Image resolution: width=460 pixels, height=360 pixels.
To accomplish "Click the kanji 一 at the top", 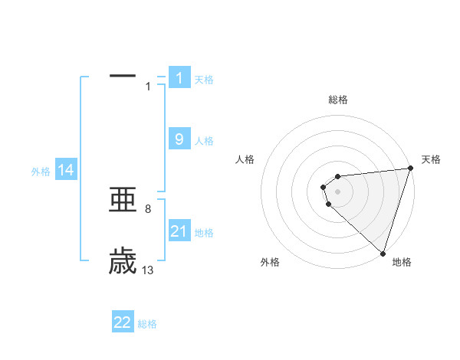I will (x=123, y=76).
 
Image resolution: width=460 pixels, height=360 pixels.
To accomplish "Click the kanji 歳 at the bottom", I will (x=123, y=261).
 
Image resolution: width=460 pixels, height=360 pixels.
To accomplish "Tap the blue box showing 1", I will (x=179, y=78).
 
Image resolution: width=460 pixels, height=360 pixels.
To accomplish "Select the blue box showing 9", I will (x=179, y=139).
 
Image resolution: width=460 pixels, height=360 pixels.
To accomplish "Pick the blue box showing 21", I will (x=179, y=231).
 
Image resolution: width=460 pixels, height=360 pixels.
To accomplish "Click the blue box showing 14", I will (x=66, y=171).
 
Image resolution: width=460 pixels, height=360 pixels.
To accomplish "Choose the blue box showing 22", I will (x=123, y=322).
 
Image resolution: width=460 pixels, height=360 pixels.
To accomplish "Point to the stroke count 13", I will (x=148, y=270).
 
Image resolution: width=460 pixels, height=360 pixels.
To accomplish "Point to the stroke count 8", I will (x=148, y=208).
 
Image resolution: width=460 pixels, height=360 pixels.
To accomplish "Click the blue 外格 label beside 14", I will (x=41, y=172).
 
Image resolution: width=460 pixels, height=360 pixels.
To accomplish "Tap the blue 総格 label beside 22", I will (x=147, y=324).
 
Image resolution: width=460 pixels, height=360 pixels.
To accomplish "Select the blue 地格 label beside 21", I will (x=204, y=233).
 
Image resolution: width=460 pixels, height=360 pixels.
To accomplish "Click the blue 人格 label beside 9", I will (x=204, y=141).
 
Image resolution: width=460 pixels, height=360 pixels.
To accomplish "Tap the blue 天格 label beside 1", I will (x=204, y=80).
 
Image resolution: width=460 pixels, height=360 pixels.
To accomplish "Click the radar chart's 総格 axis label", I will (x=338, y=100).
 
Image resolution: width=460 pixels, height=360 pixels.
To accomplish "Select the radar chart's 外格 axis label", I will (x=270, y=263).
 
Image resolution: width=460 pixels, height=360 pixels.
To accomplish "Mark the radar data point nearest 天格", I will (x=410, y=169).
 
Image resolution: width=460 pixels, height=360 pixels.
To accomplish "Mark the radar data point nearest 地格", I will (x=383, y=254).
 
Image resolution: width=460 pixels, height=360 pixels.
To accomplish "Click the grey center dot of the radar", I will (x=337, y=191).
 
